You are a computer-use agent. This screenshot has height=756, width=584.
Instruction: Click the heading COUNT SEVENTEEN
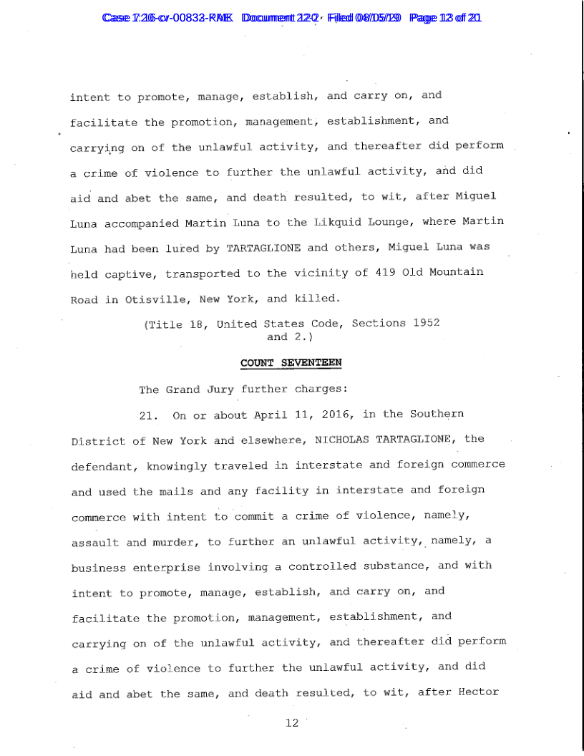point(291,363)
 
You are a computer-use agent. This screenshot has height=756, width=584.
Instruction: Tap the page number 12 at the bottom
point(291,723)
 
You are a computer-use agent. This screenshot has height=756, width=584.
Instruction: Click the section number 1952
point(426,323)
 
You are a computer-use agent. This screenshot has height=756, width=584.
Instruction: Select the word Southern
point(437,415)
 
